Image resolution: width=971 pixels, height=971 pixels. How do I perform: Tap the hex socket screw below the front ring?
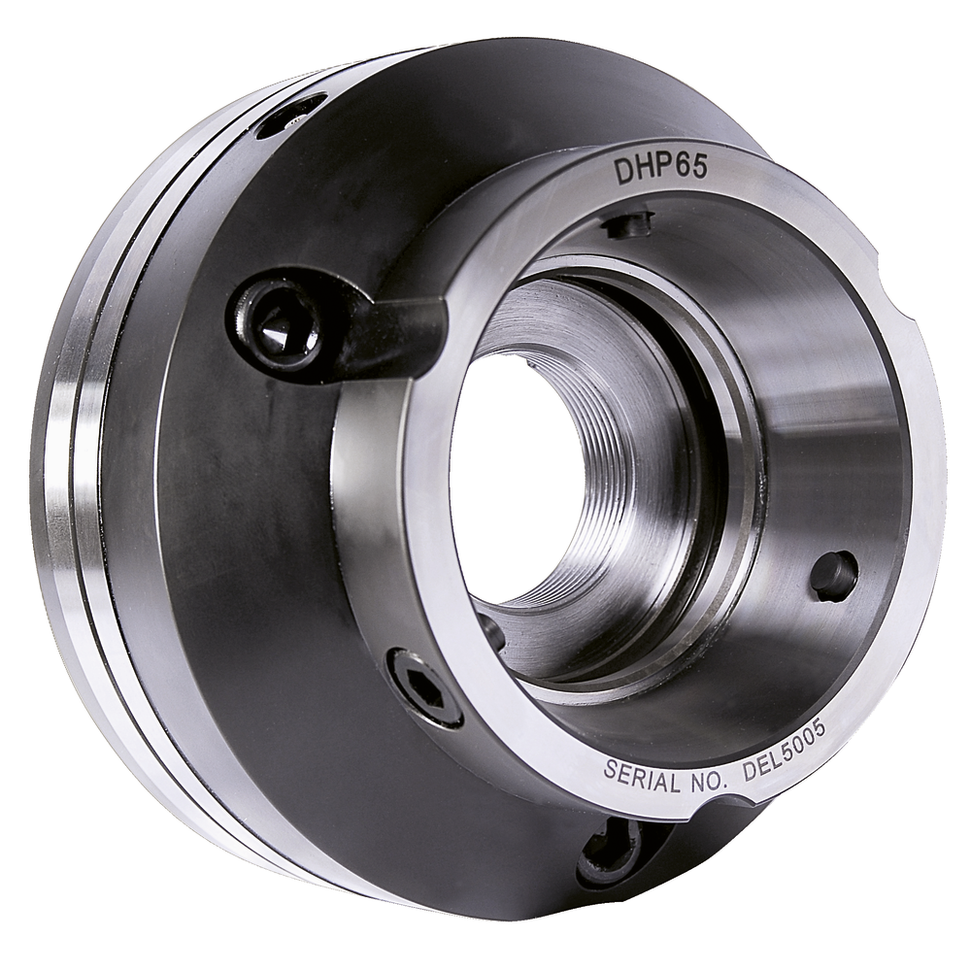425,687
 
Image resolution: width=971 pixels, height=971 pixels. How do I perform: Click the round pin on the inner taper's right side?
834,575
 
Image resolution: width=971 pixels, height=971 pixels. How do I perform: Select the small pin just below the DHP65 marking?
627,223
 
